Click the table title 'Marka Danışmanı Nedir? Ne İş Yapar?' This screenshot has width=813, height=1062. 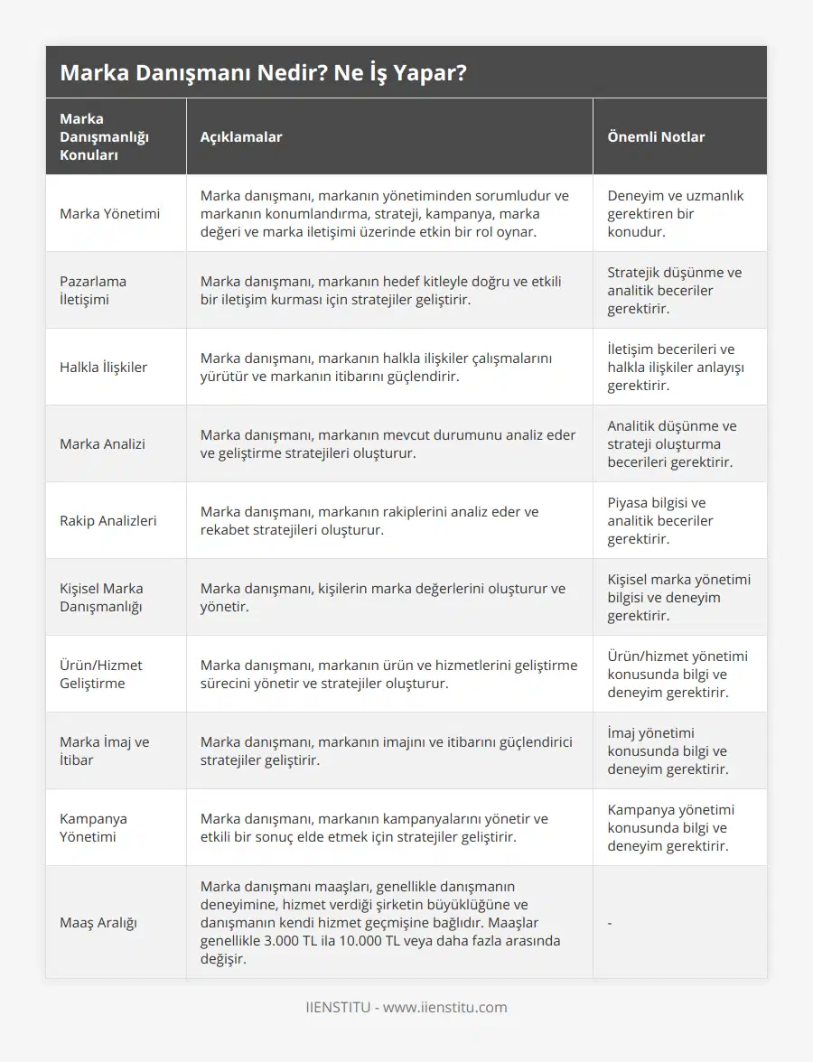coord(263,72)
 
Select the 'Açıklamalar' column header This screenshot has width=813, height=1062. coord(241,136)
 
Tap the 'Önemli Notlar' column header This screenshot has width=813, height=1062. coord(656,136)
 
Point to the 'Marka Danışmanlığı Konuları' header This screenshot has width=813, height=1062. coord(104,136)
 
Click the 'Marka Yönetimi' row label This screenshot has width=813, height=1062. coord(109,213)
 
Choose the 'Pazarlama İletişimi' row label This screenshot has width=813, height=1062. coord(93,290)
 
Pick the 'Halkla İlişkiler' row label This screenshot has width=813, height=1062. coord(103,367)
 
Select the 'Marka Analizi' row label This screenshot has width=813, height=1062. coord(102,443)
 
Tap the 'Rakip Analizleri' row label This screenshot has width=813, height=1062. coord(107,520)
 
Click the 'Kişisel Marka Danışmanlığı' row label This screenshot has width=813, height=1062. coord(101,597)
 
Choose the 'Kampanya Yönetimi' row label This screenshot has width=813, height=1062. coord(94,827)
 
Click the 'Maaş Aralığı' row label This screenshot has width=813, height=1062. coord(100,922)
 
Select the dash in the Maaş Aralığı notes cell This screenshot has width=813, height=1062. coord(610,922)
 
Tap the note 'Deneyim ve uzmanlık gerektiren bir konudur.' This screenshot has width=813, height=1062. coord(676,213)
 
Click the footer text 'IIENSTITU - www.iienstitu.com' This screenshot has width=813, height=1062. coord(406,1007)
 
